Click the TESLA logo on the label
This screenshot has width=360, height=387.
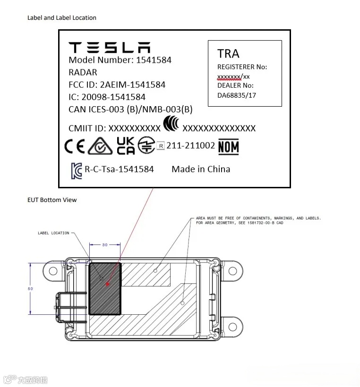coord(110,47)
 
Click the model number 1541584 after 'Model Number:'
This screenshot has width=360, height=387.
coord(154,60)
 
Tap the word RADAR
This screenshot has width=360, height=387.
coord(83,72)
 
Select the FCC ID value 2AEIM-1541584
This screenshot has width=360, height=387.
coord(133,85)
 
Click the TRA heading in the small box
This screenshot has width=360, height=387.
coord(228,53)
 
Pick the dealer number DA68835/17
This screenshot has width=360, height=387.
coord(237,95)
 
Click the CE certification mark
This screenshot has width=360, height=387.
coord(75,147)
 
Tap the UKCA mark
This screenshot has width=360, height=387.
coord(125,146)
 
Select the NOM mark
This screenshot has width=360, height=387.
coord(228,147)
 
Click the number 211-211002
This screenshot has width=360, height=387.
coord(190,146)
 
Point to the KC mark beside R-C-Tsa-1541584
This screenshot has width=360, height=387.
coord(76,169)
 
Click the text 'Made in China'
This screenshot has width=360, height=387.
coord(201,169)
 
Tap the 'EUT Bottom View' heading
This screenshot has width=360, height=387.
coord(52,200)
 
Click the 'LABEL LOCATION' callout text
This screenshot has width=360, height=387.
coord(53,233)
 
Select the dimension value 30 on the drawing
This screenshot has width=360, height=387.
coord(105,244)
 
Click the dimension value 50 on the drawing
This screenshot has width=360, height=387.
coord(30,288)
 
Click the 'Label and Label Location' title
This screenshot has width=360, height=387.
coord(62,18)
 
